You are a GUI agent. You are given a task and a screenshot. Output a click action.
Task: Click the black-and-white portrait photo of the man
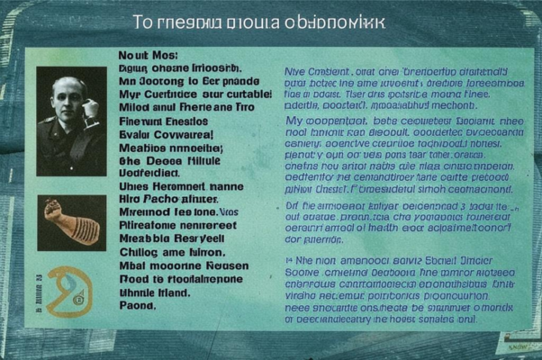pyautogui.click(x=71, y=121)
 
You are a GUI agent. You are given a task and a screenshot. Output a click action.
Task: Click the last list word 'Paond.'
pyautogui.click(x=138, y=305)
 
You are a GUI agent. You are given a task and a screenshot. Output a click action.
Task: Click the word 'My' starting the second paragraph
pyautogui.click(x=294, y=119)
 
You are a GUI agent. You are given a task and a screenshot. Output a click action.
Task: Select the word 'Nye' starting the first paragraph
pyautogui.click(x=295, y=70)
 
